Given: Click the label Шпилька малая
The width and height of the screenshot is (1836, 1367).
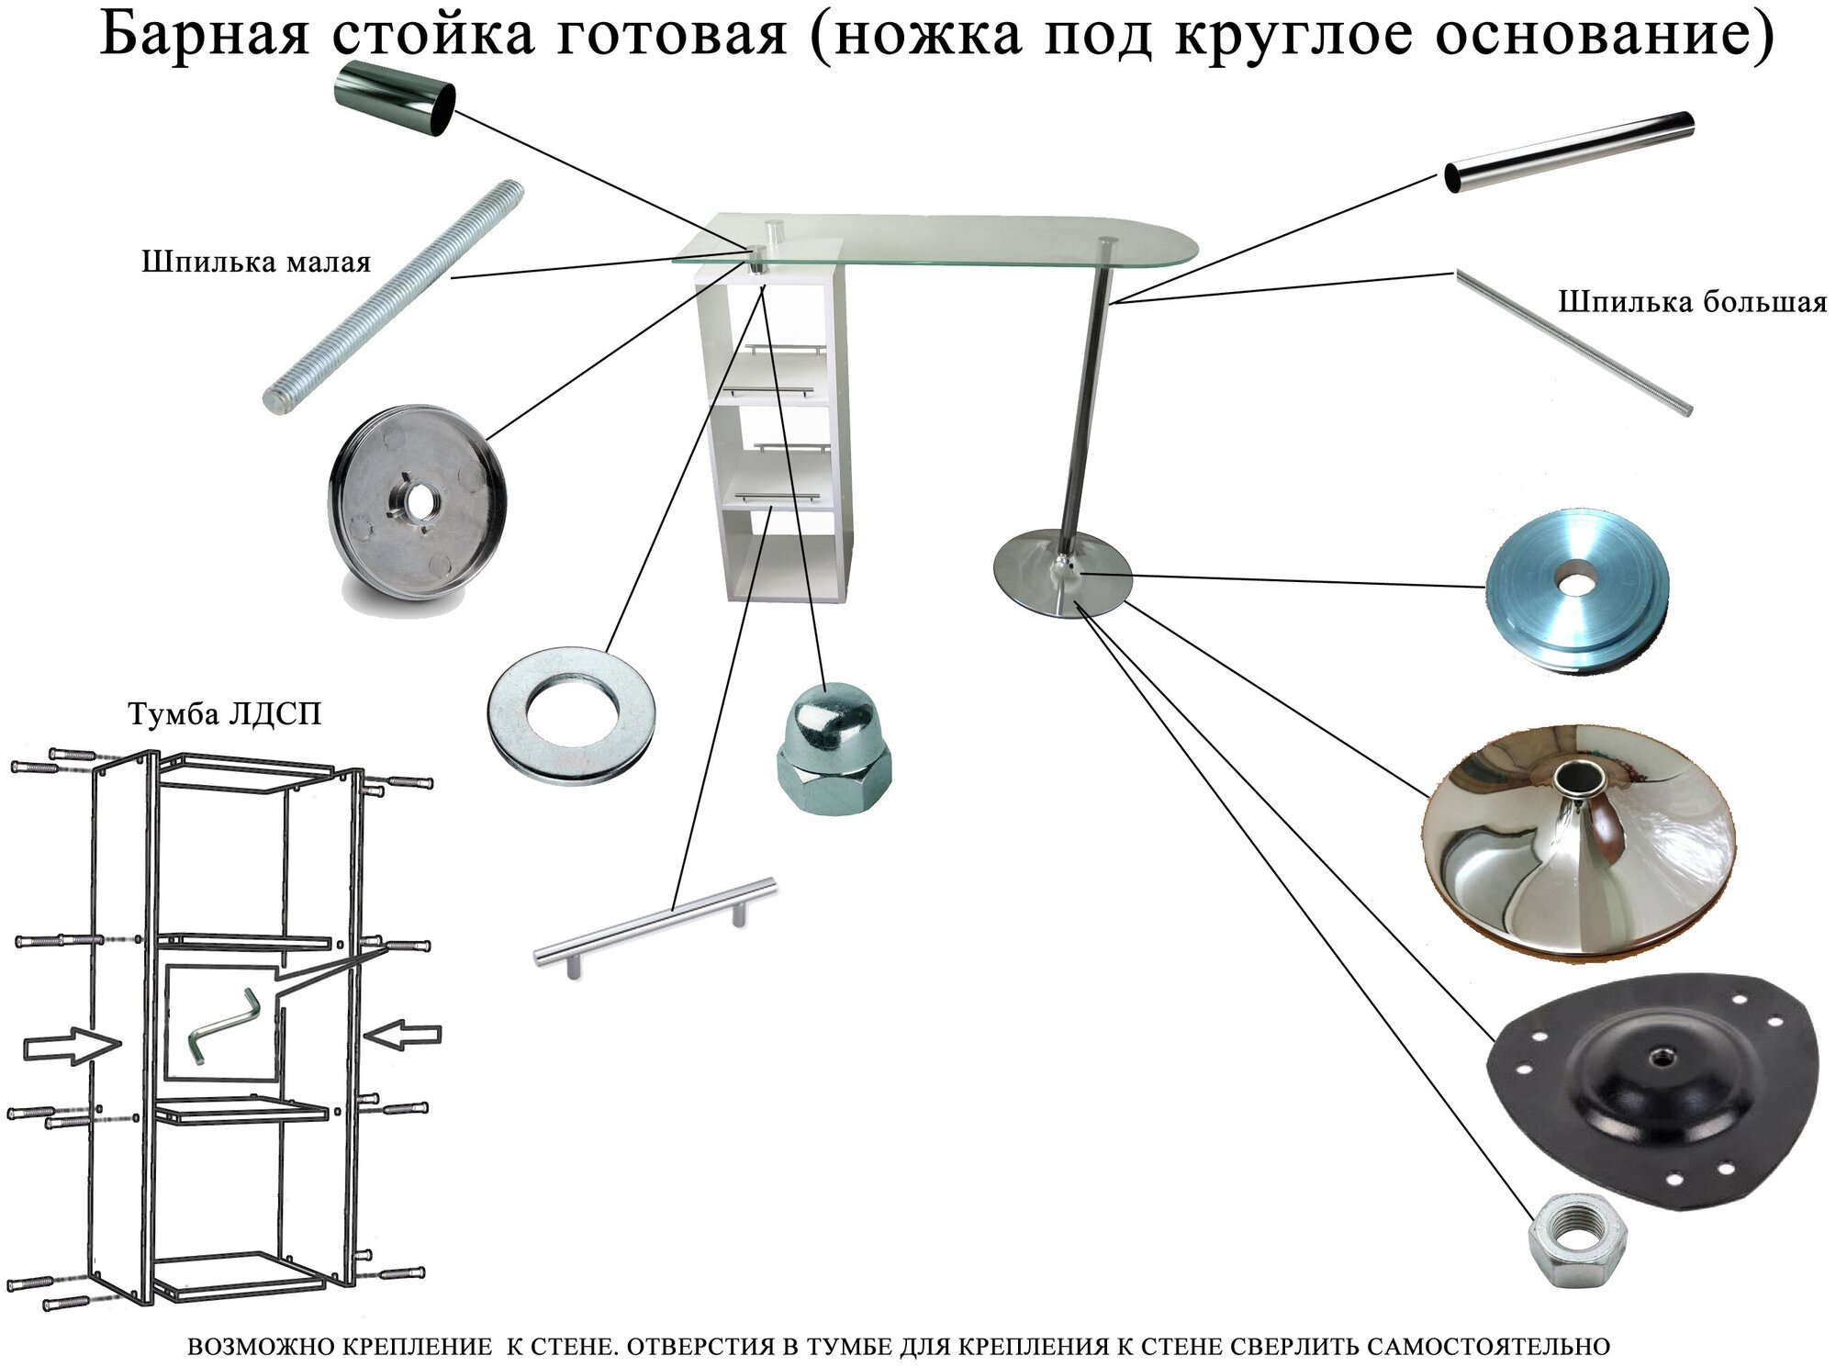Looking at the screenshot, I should (x=256, y=263).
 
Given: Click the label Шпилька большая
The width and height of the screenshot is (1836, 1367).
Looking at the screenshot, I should (x=1692, y=302).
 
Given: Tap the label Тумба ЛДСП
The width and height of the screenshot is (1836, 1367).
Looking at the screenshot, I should (x=225, y=714).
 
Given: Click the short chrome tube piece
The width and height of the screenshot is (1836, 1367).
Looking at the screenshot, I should (x=395, y=99).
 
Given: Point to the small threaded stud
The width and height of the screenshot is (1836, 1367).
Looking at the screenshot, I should (x=395, y=297).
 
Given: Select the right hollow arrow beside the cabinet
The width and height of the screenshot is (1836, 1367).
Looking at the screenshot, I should (x=404, y=1035).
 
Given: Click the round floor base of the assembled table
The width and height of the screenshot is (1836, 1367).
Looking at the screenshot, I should (x=1063, y=578).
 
